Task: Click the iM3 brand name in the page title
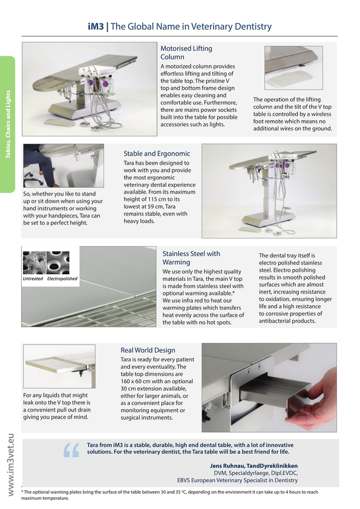(x=96, y=26)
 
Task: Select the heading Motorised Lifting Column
(x=186, y=53)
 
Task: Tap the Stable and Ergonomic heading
(x=157, y=154)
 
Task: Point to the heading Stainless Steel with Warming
(x=191, y=258)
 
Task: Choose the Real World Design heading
(x=148, y=350)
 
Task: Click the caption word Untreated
(x=33, y=278)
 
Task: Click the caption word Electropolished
(x=62, y=278)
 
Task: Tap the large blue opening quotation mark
(x=71, y=450)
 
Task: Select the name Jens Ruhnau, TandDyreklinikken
(x=254, y=466)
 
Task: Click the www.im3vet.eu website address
(x=10, y=465)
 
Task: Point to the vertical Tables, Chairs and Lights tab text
(x=8, y=124)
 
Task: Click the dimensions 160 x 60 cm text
(x=137, y=381)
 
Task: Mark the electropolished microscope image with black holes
(x=58, y=263)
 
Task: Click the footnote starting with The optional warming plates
(x=169, y=494)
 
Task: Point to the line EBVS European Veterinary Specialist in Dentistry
(x=237, y=480)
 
